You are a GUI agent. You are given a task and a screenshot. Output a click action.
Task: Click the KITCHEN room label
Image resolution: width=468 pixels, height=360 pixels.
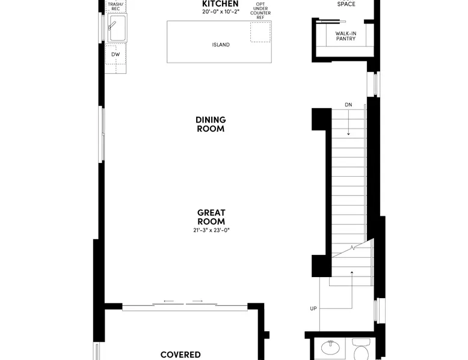(220, 4)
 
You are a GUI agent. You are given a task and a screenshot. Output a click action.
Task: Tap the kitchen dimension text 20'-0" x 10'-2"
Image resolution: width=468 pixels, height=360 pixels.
(221, 12)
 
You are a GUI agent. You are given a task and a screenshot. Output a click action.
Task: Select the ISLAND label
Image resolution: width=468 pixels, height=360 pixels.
(221, 44)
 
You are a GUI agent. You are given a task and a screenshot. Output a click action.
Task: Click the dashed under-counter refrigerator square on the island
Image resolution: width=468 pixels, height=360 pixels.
(260, 32)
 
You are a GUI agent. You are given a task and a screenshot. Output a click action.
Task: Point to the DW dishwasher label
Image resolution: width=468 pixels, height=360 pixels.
(115, 54)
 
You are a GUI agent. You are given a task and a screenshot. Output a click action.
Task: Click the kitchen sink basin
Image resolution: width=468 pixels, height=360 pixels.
(117, 28)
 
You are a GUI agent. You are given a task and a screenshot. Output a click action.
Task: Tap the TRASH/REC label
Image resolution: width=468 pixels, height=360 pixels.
(115, 6)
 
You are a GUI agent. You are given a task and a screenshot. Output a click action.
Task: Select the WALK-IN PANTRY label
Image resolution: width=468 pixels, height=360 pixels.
(346, 36)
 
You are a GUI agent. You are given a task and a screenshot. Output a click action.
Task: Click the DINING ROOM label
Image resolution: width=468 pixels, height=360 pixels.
(211, 124)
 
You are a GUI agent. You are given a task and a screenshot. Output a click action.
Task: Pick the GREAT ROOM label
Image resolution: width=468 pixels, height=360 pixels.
(211, 217)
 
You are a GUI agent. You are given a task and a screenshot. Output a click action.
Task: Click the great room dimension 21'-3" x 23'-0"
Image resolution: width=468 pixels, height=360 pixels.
(211, 230)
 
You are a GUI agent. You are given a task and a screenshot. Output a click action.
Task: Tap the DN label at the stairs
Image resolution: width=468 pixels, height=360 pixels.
(348, 105)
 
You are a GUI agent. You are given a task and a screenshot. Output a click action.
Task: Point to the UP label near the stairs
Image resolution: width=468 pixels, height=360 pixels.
(313, 308)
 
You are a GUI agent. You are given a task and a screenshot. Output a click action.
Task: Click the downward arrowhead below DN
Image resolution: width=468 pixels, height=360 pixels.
(348, 134)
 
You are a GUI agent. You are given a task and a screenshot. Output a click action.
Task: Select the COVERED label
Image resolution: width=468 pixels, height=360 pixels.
(180, 355)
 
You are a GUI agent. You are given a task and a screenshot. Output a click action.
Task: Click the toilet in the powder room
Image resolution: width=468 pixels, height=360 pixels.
(361, 350)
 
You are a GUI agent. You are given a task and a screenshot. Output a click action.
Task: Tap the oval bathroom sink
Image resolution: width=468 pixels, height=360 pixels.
(330, 348)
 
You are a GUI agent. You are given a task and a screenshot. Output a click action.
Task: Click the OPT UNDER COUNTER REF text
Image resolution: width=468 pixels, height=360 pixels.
(260, 11)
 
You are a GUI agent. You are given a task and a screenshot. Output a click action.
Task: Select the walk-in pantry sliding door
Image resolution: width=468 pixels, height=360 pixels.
(331, 22)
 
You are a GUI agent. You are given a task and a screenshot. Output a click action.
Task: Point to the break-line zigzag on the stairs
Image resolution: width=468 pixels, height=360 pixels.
(353, 247)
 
